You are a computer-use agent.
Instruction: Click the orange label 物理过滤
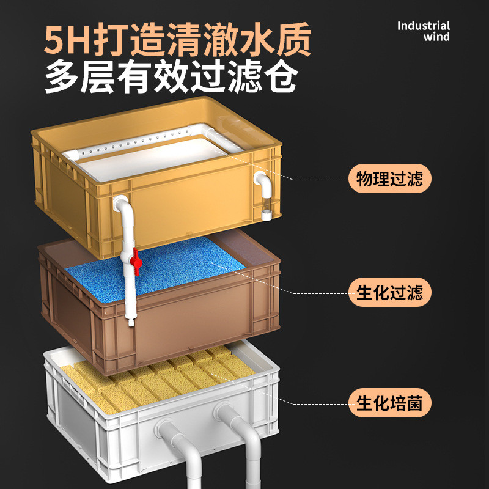(x=389, y=179)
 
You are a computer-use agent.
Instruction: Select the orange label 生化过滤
(x=389, y=292)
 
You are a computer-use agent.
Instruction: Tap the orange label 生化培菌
(x=389, y=403)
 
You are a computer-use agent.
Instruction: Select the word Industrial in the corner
(x=424, y=26)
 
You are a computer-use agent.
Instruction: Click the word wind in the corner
(x=436, y=37)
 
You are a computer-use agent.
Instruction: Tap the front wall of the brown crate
(x=196, y=330)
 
